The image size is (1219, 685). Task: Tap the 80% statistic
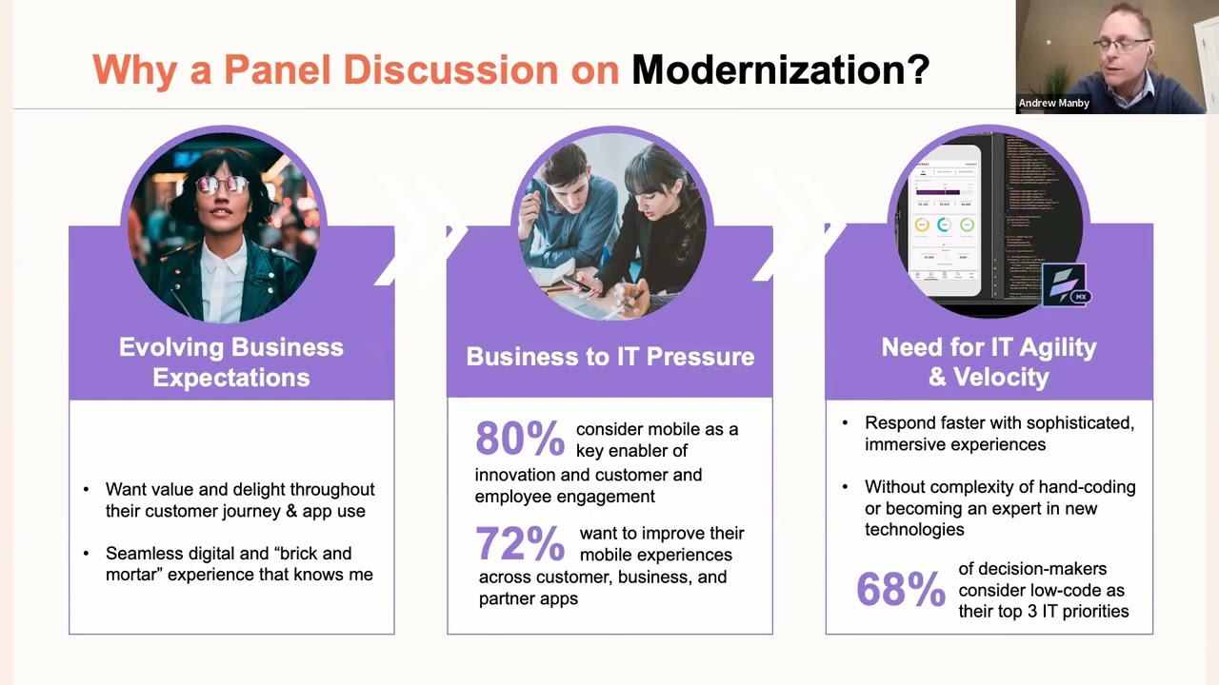click(519, 439)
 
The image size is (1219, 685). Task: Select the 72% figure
click(519, 543)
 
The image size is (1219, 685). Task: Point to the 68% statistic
click(900, 589)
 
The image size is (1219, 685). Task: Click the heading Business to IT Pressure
click(609, 357)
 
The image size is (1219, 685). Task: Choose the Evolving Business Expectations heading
click(231, 362)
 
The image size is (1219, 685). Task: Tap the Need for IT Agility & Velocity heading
click(989, 362)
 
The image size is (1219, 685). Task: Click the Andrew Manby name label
click(1053, 103)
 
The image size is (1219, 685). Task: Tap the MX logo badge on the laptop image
click(1066, 286)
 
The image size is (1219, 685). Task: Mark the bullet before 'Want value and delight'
click(86, 490)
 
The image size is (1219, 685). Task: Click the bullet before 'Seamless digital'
click(86, 554)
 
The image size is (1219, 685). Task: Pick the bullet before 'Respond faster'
click(845, 423)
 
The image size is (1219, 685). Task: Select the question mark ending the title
click(918, 69)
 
